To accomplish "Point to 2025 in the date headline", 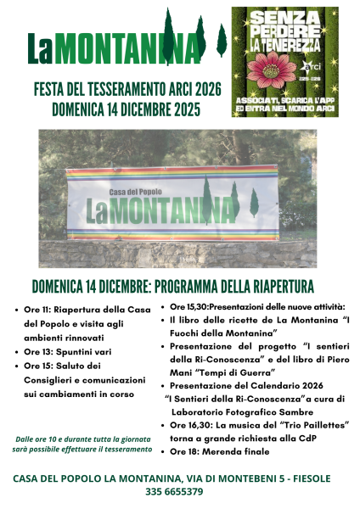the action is click(179, 109).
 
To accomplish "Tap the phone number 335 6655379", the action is click(179, 491).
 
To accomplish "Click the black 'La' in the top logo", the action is click(42, 49).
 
